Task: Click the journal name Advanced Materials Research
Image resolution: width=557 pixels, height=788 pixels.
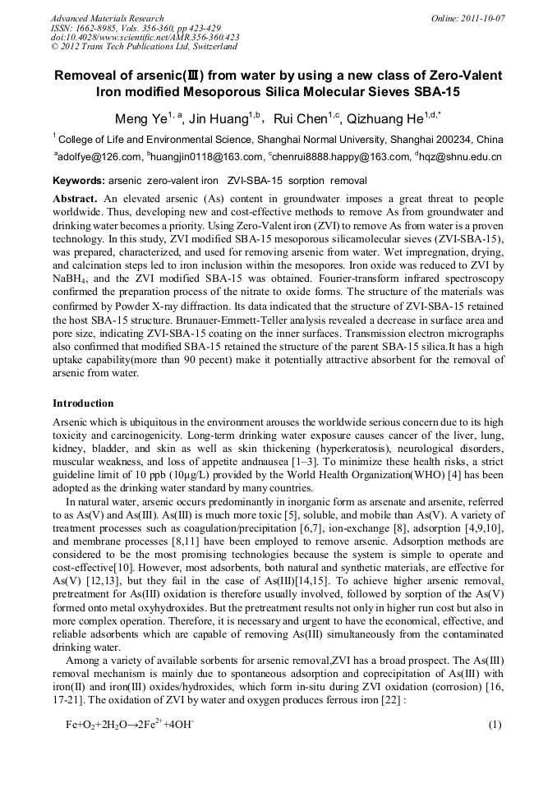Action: coord(107,18)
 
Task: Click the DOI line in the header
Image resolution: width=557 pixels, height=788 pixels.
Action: coord(145,37)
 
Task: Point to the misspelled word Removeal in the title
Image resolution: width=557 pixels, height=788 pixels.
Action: coord(90,76)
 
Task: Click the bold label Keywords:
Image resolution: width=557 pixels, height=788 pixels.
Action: coord(79,180)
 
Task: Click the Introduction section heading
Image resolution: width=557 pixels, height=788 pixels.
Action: coord(83,403)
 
